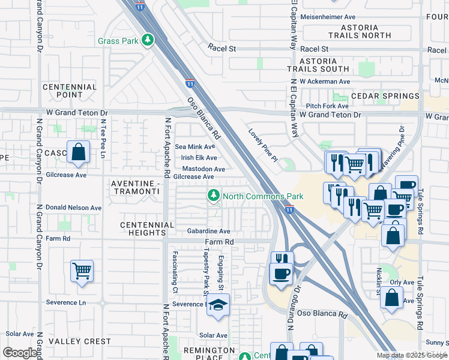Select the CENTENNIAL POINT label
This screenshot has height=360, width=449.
(x=70, y=91)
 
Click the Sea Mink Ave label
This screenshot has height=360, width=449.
(x=194, y=146)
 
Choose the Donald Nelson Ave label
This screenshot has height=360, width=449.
(x=73, y=208)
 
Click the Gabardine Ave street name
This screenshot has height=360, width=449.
(x=208, y=231)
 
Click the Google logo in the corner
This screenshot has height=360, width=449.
(x=20, y=353)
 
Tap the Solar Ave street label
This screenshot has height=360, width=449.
(x=213, y=335)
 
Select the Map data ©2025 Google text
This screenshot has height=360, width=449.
(x=412, y=355)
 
